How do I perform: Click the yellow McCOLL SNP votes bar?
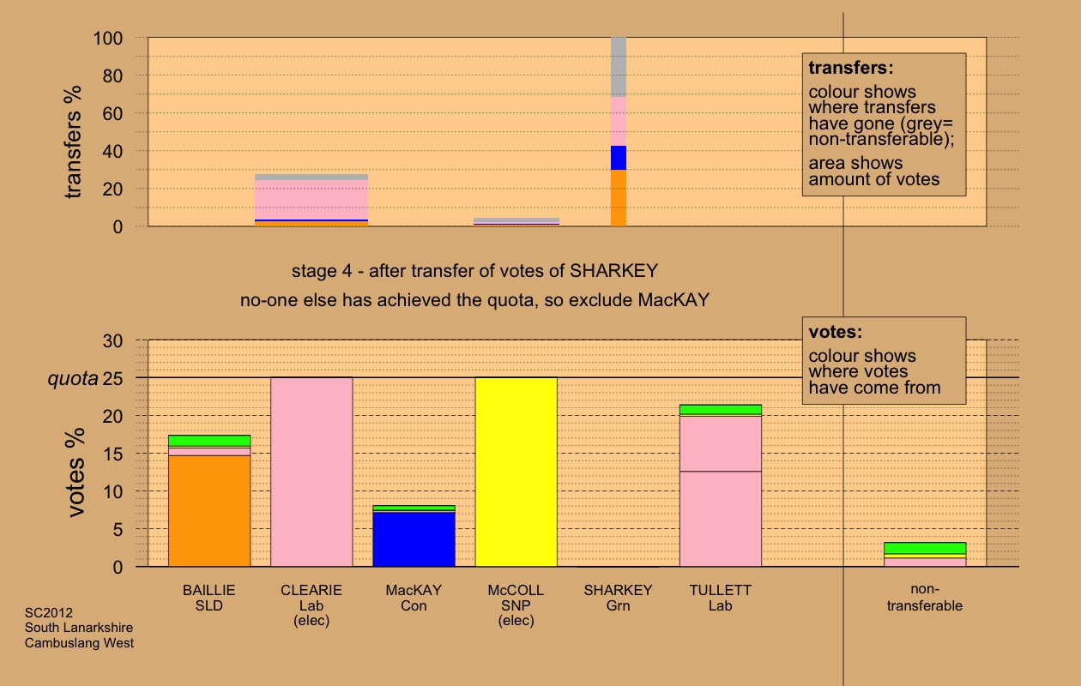click(516, 472)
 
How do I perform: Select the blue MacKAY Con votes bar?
click(414, 539)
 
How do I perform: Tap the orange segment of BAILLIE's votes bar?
click(209, 511)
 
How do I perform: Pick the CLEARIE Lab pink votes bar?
click(311, 472)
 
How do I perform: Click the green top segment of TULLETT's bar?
click(721, 410)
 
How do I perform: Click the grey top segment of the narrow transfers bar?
click(619, 67)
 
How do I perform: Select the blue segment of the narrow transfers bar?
click(619, 158)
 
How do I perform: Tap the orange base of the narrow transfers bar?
click(619, 198)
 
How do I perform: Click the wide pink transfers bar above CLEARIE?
click(311, 200)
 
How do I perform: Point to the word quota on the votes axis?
click(72, 378)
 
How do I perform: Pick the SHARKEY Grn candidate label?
click(618, 599)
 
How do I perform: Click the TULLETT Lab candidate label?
click(720, 599)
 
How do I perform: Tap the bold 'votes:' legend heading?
click(836, 332)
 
